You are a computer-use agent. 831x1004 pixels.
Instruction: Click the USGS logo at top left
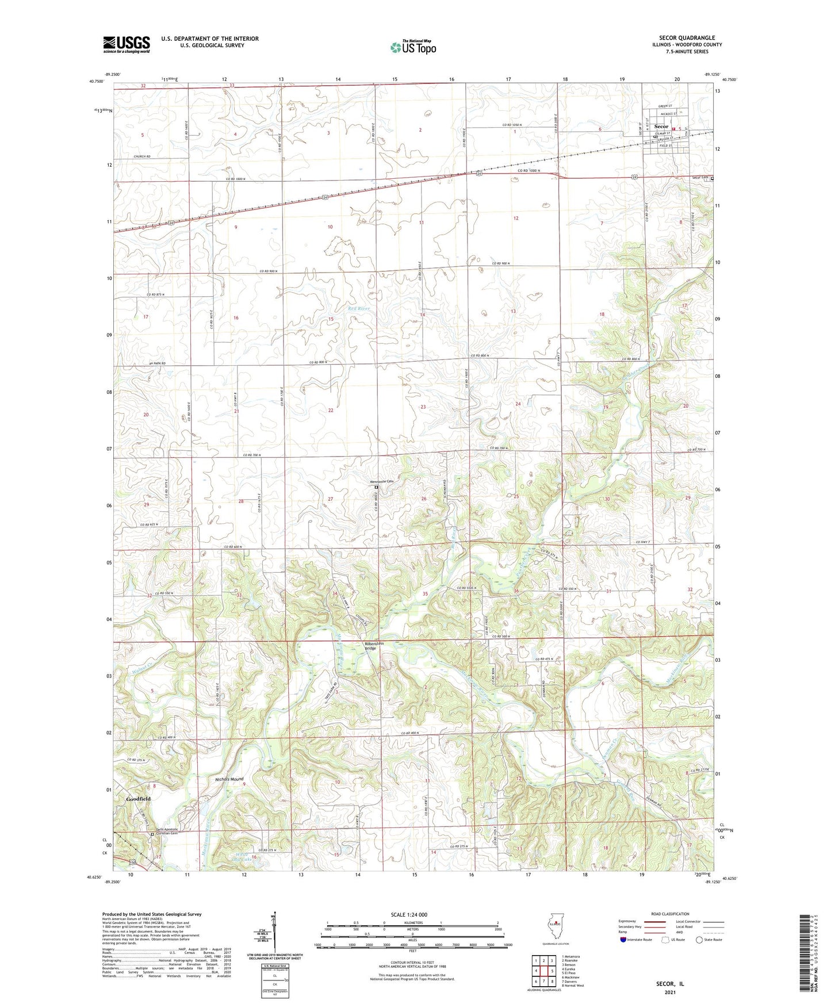127,44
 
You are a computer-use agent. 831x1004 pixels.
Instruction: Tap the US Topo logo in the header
413,47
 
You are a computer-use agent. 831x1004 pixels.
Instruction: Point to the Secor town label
661,127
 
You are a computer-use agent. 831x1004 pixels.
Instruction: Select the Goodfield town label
138,799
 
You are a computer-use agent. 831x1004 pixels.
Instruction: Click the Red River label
359,309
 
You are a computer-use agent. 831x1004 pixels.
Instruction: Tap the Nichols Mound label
229,780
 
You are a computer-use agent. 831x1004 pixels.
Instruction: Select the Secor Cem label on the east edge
699,178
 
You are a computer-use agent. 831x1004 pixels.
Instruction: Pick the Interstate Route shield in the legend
623,940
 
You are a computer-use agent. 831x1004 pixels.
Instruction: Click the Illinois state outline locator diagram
553,929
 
